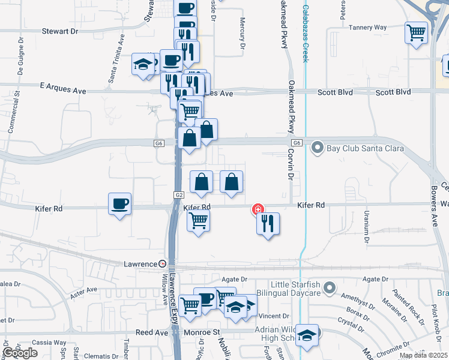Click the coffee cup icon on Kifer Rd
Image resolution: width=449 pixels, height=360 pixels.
119,203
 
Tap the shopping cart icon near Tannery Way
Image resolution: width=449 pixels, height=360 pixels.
416,32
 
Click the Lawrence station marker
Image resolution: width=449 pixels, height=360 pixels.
163,264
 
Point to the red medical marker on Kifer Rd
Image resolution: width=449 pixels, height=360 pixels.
258,209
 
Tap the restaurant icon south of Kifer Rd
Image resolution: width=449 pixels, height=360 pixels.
268,223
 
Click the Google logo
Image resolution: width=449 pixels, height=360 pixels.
20,353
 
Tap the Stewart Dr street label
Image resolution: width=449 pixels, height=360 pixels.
60,31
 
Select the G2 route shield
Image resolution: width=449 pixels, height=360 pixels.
179,195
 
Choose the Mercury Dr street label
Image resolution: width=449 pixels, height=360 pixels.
243,32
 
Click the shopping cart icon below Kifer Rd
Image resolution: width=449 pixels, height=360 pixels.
198,221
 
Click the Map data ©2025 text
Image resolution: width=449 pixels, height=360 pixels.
423,355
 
